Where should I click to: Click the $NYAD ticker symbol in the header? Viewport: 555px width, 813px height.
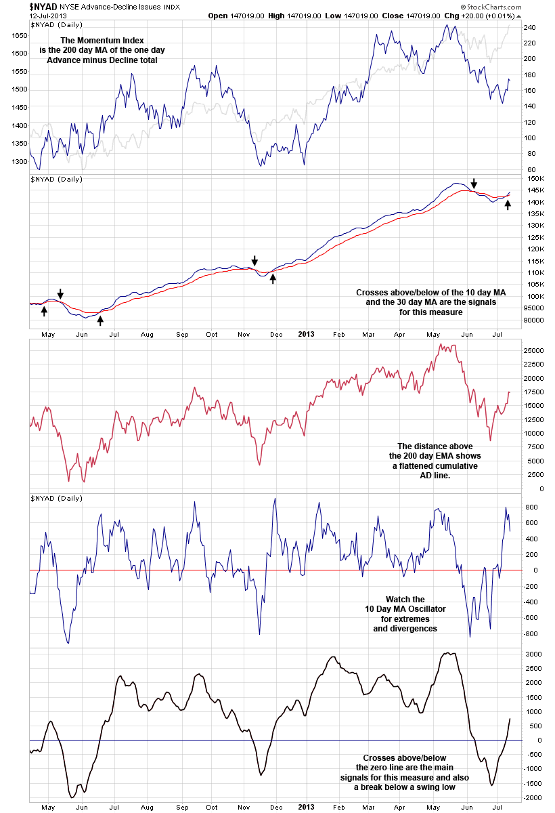43,6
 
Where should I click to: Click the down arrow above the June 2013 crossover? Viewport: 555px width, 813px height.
474,184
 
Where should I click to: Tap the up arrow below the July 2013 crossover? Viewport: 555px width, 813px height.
508,205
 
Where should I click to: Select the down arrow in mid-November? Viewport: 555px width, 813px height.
255,261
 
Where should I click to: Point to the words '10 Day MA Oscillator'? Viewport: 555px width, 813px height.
405,609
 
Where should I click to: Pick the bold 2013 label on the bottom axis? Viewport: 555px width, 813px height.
306,808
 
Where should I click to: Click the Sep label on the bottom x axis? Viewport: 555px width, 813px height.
181,808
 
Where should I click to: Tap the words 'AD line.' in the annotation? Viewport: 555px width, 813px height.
433,476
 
